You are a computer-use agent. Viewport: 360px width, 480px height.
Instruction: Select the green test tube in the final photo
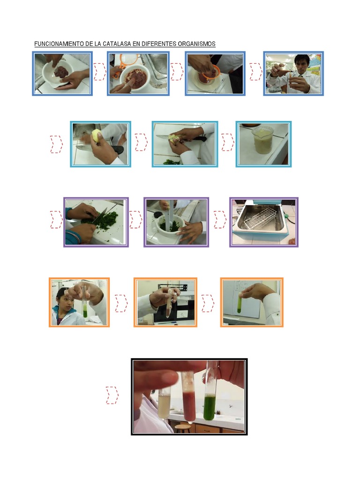click(x=210, y=398)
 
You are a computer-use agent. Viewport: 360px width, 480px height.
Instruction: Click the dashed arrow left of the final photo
click(x=112, y=395)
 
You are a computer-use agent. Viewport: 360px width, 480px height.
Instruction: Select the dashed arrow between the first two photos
click(x=100, y=72)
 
